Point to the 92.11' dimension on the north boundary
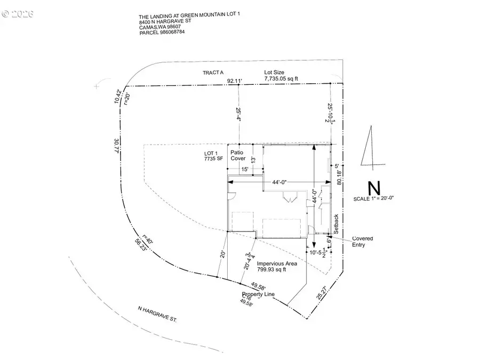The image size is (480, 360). tap(235, 81)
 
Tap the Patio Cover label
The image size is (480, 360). tap(238, 155)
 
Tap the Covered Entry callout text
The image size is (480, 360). tap(363, 241)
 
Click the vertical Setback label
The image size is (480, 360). tap(336, 224)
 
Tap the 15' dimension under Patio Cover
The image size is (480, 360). tap(245, 170)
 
